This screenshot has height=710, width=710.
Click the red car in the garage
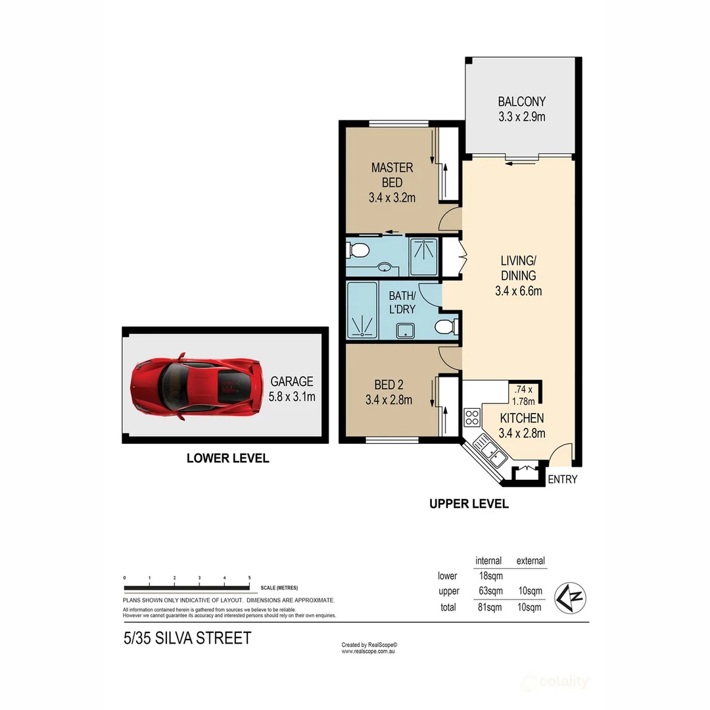(194, 387)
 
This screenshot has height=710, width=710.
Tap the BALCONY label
(521, 102)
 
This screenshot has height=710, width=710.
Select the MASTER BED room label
(392, 174)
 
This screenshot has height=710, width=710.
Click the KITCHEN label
(522, 418)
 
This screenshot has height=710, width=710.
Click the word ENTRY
(562, 479)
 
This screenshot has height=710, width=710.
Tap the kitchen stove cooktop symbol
(472, 416)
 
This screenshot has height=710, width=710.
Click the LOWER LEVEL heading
(227, 459)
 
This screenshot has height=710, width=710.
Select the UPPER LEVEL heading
(469, 504)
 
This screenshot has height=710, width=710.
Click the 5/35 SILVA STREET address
(187, 638)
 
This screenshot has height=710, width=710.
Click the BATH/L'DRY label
(401, 302)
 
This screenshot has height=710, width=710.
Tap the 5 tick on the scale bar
(249, 578)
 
